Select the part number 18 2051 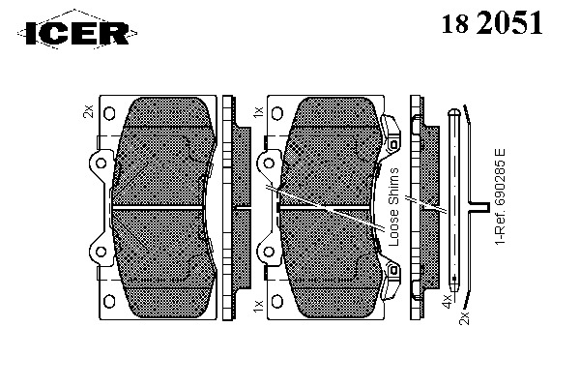(492, 22)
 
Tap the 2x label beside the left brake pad (88, 111)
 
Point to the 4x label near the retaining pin (448, 301)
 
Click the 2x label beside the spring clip (464, 318)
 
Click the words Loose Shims (394, 207)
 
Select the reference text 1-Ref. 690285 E (500, 196)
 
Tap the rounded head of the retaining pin (454, 112)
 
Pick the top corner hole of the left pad (109, 113)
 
